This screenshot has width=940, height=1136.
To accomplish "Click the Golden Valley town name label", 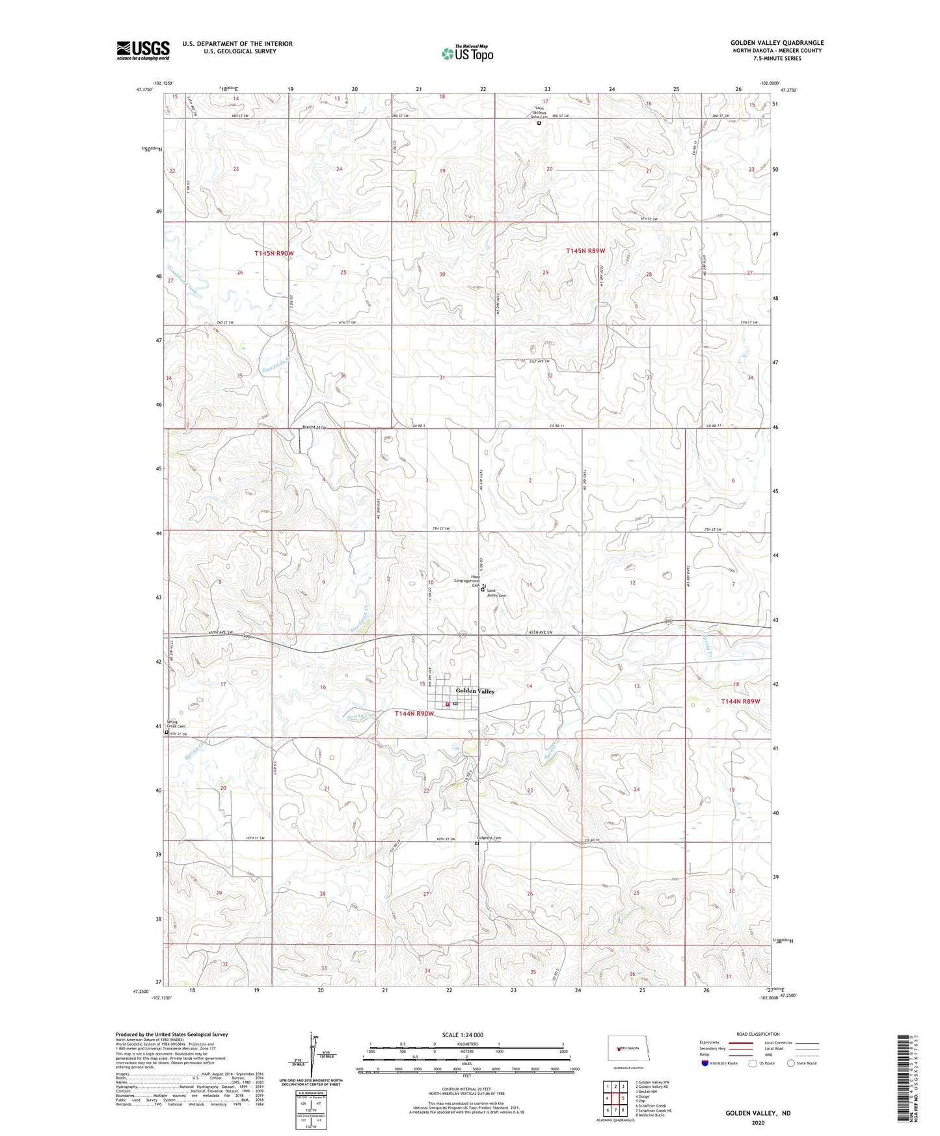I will point(475,691).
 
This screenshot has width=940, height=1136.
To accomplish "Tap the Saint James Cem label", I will point(497,593).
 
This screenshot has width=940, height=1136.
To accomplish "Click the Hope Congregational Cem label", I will point(467,580).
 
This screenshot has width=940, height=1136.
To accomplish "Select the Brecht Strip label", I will point(314,427).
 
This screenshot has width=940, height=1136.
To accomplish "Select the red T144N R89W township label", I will point(740,701).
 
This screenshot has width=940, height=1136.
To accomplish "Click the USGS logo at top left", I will point(143,50).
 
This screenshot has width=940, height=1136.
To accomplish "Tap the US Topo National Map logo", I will point(467,53).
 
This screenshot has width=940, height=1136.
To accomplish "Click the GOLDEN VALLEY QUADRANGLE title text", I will point(777,43).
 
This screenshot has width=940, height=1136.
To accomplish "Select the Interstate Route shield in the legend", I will point(705,1063).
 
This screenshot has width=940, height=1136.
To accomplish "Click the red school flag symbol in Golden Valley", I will point(447,704).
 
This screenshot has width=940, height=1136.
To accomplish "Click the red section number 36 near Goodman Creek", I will point(343,376).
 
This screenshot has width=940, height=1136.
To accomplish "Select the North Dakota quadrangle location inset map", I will point(627,1049).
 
